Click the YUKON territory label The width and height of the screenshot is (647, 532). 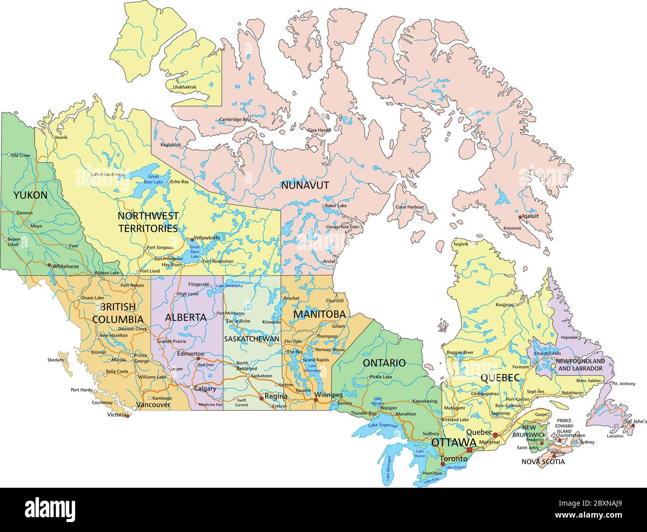coord(30,195)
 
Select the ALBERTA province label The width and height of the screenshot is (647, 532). coord(186,317)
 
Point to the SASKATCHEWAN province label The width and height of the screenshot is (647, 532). coord(251,339)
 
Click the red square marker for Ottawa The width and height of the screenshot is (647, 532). coord(469,449)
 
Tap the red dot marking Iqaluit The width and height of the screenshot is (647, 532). coord(520,217)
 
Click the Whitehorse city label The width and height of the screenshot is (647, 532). coord(66,266)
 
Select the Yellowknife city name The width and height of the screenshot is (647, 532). coord(207,238)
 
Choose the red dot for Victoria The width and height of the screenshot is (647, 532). coord(128,416)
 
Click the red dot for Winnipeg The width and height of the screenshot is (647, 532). coord(316,399)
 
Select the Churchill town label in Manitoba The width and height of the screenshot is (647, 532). coord(335,301)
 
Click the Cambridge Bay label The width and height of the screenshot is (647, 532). coord(235,119)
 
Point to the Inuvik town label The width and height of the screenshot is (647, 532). coord(61,137)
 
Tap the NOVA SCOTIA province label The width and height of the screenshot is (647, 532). coord(543,461)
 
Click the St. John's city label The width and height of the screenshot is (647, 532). coord(637,422)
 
